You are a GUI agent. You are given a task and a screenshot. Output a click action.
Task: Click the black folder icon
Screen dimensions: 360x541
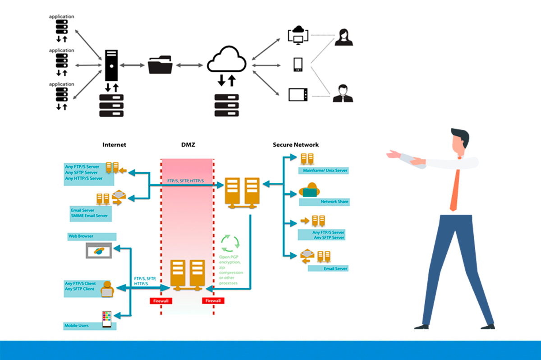coord(160,65)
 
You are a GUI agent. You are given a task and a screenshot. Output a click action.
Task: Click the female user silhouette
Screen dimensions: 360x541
coord(344,37)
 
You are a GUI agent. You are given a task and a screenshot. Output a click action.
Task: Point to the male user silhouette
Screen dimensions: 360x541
coord(343,93)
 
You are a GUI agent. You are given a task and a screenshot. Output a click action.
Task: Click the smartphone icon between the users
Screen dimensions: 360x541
coord(298,65)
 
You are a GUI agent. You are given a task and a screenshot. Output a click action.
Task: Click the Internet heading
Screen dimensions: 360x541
coord(114,145)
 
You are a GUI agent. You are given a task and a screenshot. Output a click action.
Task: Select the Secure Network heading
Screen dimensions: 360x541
coord(295,145)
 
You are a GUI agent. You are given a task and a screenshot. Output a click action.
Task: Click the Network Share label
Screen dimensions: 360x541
coord(334,202)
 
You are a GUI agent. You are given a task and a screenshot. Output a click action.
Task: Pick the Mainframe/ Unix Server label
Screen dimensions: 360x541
coord(323,171)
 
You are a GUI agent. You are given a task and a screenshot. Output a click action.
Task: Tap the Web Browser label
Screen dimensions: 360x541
coord(78,236)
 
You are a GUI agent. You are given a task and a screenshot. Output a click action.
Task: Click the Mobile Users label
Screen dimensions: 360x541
coord(76,325)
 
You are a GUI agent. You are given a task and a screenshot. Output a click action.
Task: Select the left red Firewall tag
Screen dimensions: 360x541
coord(160,300)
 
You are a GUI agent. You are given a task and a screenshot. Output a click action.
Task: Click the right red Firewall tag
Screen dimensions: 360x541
coord(213,300)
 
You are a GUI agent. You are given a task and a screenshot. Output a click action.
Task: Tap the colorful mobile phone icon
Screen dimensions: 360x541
coord(107,319)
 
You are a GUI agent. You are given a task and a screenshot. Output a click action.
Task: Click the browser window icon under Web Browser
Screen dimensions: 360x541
coord(98,250)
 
